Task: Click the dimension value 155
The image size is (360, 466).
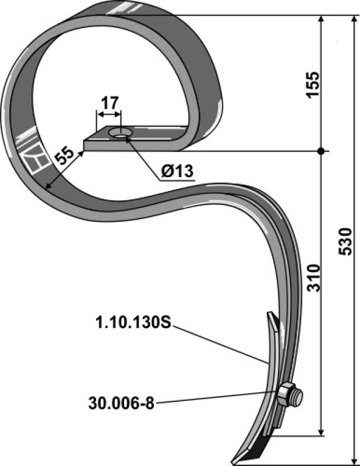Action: pos(313,84)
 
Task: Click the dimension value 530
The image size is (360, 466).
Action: pos(345,241)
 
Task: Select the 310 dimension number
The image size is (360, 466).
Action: pos(313,278)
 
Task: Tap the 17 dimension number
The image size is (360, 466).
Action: pos(110,103)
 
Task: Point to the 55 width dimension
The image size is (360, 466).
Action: pos(65,155)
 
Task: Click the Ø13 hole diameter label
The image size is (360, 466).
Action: pos(177,171)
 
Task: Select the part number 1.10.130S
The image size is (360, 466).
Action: pos(133,323)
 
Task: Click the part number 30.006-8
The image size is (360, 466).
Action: pos(121,404)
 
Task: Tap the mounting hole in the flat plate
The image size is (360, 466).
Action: pos(121,133)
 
